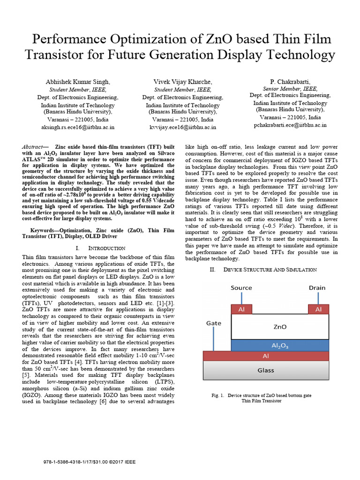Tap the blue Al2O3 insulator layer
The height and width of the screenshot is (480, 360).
[279, 345]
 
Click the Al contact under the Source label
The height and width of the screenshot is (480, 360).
[241, 309]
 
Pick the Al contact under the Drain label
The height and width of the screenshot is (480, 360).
[318, 309]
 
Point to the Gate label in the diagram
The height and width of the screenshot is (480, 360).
[214, 323]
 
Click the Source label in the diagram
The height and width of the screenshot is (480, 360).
[241, 288]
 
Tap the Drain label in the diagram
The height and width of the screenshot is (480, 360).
[317, 288]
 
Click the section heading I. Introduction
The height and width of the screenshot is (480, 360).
[99, 248]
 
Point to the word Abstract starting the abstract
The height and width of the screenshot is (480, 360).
[33, 147]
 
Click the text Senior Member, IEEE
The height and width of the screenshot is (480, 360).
[283, 88]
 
